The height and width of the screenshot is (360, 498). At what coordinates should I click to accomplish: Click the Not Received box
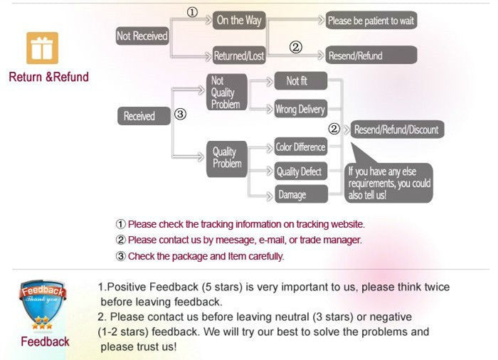(142, 36)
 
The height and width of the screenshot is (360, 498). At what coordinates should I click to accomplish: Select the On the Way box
(239, 21)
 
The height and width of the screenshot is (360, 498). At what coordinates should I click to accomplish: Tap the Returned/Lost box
(239, 55)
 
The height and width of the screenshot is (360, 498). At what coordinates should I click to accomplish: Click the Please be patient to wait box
(371, 21)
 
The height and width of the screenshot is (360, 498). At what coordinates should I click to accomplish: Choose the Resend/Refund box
(371, 55)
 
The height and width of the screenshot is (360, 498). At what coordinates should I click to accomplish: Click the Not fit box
(300, 81)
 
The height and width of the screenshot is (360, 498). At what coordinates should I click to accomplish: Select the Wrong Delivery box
(300, 110)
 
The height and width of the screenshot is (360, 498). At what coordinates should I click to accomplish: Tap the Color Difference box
(300, 147)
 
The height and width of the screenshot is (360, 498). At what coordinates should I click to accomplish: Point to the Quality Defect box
(300, 171)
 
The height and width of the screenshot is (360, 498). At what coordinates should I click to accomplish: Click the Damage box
(300, 194)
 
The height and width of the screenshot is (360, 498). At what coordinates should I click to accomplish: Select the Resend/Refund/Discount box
(396, 129)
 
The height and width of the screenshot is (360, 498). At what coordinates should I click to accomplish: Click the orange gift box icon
(42, 48)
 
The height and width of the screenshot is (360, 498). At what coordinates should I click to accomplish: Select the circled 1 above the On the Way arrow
(192, 13)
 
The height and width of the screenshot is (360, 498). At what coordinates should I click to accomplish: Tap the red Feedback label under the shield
(45, 342)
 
